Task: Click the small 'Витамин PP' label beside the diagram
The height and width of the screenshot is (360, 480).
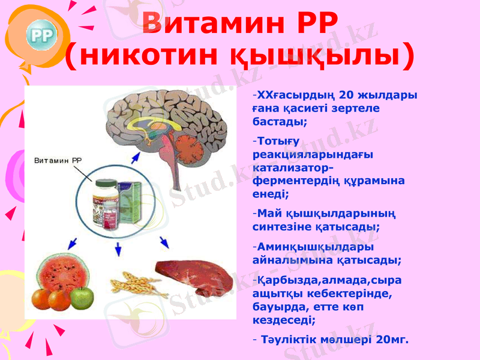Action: click(58, 160)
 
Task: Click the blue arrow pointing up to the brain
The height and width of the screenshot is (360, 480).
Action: click(136, 159)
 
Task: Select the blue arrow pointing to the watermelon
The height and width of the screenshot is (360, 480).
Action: click(72, 243)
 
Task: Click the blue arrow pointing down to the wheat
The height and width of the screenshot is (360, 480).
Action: click(118, 248)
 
